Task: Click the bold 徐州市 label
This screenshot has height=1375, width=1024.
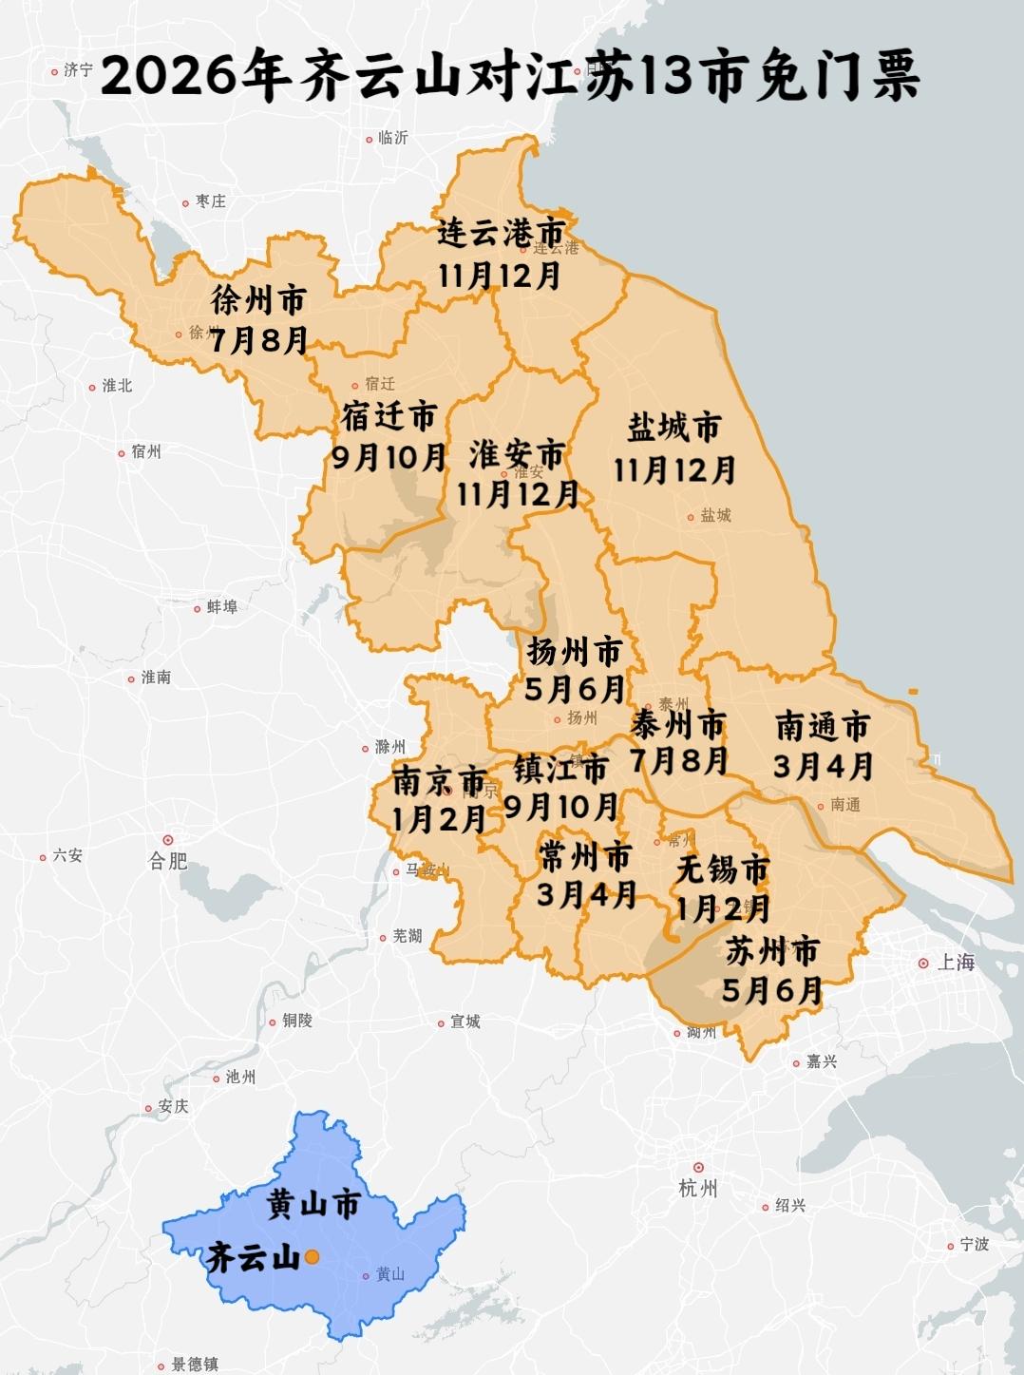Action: (x=258, y=301)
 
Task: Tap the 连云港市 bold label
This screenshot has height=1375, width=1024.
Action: (x=501, y=234)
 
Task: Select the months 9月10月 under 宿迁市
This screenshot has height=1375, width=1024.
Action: (x=389, y=457)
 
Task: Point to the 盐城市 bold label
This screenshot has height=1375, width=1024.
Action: (x=673, y=429)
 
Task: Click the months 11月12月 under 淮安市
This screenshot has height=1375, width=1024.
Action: (x=518, y=493)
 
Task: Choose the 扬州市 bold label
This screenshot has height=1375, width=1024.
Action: (x=575, y=652)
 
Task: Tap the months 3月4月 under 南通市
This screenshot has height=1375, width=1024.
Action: (x=823, y=765)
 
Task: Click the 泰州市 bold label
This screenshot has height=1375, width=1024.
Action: (x=678, y=726)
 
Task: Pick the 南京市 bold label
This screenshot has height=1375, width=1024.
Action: (x=439, y=781)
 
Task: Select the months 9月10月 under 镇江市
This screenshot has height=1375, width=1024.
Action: (x=561, y=807)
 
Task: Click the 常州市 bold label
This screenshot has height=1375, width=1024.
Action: (x=584, y=856)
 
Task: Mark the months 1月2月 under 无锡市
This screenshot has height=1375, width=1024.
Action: (x=722, y=908)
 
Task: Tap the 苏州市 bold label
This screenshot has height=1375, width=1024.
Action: (x=772, y=950)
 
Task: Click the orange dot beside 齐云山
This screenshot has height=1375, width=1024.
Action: (x=312, y=1256)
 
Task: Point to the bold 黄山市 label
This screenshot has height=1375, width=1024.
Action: (x=313, y=1205)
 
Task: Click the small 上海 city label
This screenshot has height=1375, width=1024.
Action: (x=956, y=963)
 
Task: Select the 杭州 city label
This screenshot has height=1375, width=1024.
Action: (x=698, y=1188)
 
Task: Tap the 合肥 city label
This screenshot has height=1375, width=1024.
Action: (x=168, y=861)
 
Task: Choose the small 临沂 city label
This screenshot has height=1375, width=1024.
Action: (x=392, y=138)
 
